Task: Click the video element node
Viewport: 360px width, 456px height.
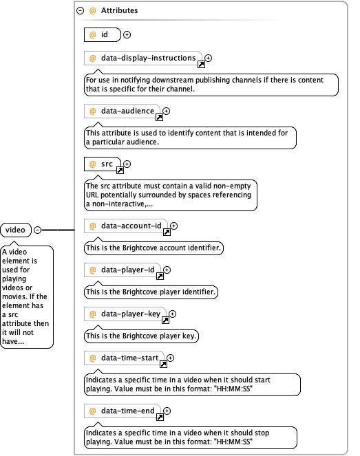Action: click(16, 230)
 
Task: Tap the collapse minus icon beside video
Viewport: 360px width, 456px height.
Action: click(38, 230)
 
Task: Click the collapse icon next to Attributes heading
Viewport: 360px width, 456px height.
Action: click(80, 11)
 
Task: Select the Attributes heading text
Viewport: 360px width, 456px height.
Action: click(119, 10)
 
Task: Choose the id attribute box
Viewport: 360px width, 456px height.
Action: click(102, 34)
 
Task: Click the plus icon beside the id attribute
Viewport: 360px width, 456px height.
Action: click(127, 34)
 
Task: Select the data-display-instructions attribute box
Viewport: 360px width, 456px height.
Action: click(142, 58)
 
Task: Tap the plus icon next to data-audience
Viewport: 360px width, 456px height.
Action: click(166, 111)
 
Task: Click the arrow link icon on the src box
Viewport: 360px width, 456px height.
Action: click(120, 170)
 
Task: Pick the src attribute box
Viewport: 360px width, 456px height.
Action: click(102, 164)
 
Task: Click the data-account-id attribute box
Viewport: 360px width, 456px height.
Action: click(126, 226)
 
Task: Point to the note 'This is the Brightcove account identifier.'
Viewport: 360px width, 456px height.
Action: click(153, 248)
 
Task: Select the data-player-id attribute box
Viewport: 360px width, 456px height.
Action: click(123, 270)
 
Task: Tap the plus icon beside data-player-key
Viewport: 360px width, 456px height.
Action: click(173, 314)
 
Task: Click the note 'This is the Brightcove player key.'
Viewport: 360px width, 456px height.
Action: click(141, 336)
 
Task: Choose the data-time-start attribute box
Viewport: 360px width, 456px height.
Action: click(124, 358)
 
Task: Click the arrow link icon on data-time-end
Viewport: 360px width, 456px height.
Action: click(160, 417)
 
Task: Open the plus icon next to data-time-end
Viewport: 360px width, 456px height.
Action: click(167, 411)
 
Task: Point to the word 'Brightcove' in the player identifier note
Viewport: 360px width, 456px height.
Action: click(140, 292)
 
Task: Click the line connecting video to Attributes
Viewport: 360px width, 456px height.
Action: click(58, 230)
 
